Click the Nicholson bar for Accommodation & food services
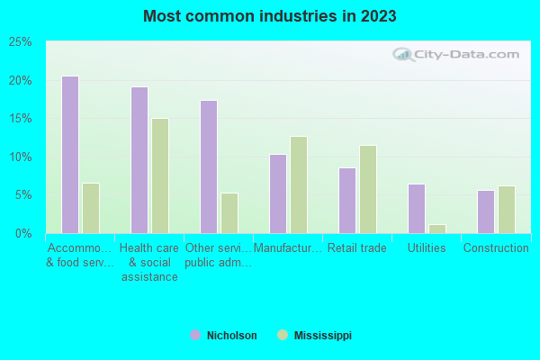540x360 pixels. click(69, 155)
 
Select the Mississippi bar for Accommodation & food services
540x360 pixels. click(90, 208)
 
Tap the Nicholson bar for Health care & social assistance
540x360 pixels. click(139, 160)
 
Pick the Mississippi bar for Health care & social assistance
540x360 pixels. click(159, 175)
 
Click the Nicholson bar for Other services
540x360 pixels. click(208, 166)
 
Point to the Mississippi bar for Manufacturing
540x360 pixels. click(299, 184)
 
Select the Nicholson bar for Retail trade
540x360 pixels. click(346, 200)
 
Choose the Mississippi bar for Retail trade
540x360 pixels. click(367, 189)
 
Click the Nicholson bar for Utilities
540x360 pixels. click(416, 208)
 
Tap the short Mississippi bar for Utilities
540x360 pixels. click(437, 229)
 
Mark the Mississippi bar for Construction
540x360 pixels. click(506, 209)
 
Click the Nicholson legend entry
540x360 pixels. click(224, 336)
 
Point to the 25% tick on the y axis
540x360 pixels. click(20, 42)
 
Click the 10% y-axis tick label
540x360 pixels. click(20, 157)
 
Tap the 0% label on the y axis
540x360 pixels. click(23, 234)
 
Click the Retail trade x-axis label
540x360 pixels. click(356, 248)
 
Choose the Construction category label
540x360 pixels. click(495, 248)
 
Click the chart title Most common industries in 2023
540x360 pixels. click(270, 16)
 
